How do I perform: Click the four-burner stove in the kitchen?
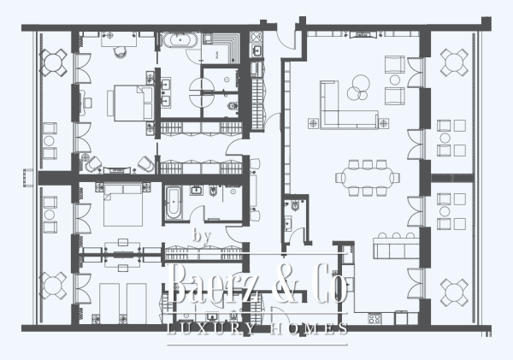374,319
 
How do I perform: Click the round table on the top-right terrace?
453,61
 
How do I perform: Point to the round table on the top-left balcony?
55,61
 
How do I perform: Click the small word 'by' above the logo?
203,236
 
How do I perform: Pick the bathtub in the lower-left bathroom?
173,203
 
